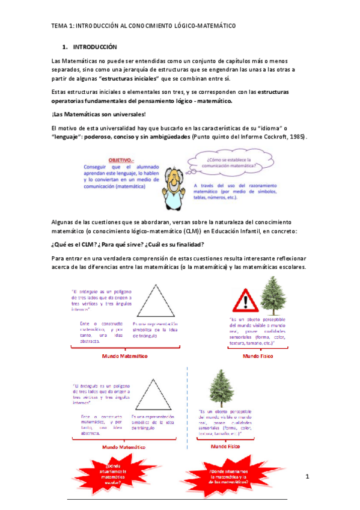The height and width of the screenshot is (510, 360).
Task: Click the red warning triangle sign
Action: tap(245, 298)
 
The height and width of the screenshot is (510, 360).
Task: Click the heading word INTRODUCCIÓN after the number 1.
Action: tap(95, 46)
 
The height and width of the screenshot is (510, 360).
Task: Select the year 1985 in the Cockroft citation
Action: tap(297, 137)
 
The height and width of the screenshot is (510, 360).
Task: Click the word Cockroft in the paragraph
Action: tap(275, 137)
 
